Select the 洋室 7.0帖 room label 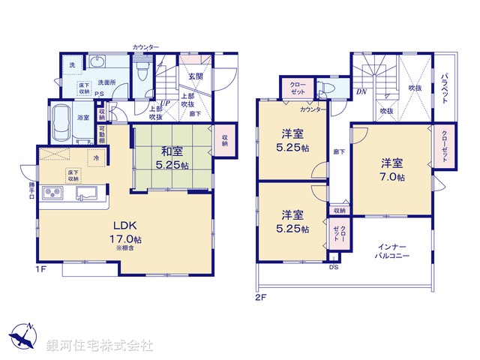[x=391, y=169]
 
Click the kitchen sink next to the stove [x=88, y=195]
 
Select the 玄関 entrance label [x=196, y=76]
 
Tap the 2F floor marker [x=259, y=296]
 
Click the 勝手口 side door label [x=31, y=187]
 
